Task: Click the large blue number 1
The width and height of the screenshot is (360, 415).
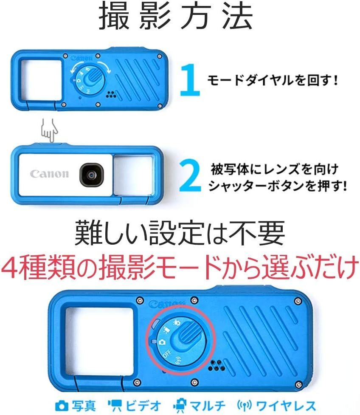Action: coord(189,79)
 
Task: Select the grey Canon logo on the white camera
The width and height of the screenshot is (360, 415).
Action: coord(49,174)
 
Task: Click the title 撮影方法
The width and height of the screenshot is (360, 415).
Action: coord(176,18)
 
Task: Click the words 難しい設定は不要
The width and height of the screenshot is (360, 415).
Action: coord(179,233)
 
